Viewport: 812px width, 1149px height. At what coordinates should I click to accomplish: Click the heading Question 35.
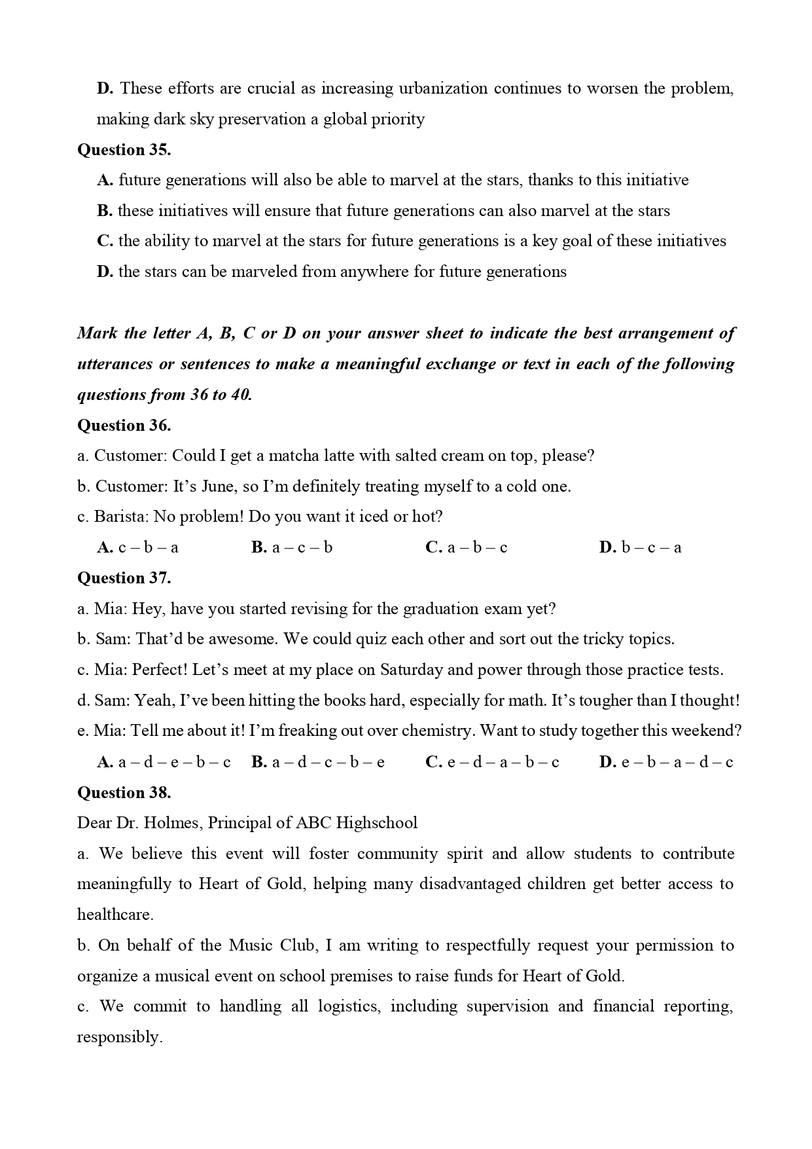coord(124,150)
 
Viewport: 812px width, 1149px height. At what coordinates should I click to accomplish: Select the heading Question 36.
coord(124,426)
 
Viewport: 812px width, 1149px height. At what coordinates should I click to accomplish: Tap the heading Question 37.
coord(124,578)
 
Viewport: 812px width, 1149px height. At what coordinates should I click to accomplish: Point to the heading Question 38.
coord(124,793)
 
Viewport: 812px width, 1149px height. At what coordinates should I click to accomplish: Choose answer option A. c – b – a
coord(137,547)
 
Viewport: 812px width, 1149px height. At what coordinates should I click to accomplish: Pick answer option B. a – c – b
coord(292,547)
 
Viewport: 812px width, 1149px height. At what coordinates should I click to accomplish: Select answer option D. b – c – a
coord(640,547)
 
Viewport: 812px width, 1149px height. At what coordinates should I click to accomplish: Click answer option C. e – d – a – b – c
coord(492,762)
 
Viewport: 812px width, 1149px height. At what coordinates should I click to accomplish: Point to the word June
coord(213,486)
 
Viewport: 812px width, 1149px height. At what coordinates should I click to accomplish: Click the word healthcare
coord(115,915)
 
